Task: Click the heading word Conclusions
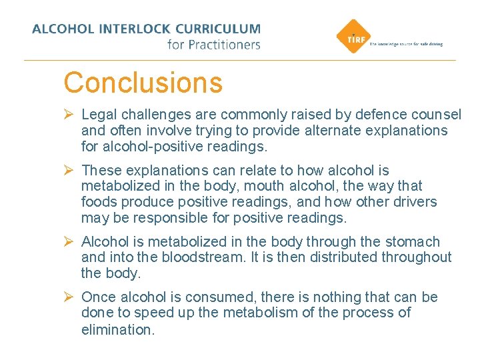click(x=143, y=83)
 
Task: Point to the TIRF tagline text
click(x=405, y=44)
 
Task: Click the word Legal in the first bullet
click(x=99, y=115)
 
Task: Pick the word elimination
click(x=117, y=329)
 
